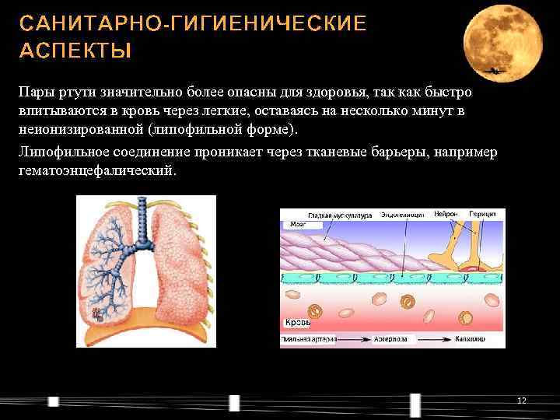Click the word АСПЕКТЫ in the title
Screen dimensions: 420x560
[75, 51]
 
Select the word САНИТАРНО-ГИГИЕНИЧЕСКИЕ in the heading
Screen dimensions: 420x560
[192, 23]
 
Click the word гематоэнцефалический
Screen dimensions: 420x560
[97, 170]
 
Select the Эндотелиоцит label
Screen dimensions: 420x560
[402, 214]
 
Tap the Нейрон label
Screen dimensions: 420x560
[446, 213]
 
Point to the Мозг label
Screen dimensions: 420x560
[298, 223]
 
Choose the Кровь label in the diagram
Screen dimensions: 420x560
[297, 322]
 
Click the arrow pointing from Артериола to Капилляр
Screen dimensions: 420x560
[437, 340]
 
